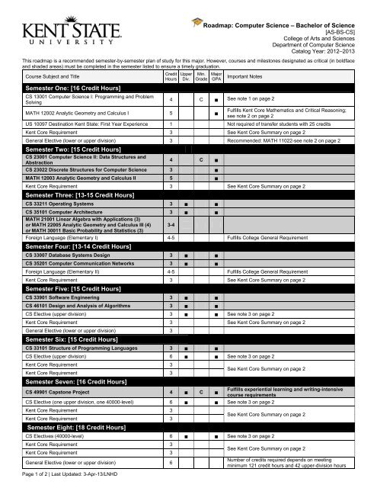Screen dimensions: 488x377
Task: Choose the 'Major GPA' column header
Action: click(216, 77)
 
